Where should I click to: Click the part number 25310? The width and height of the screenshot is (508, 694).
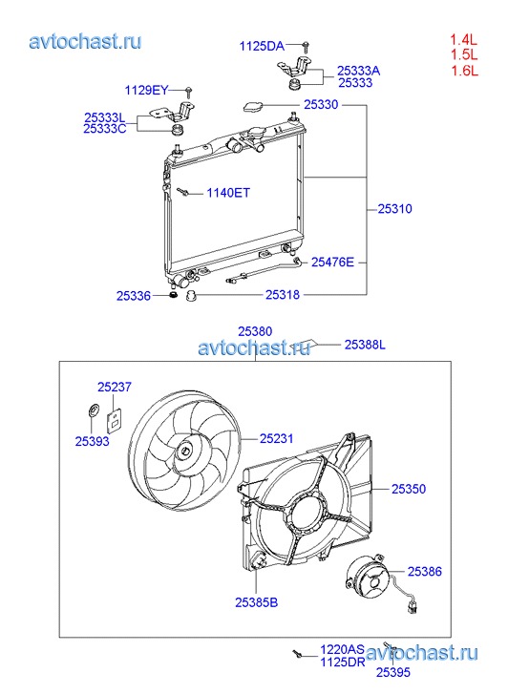[394, 208]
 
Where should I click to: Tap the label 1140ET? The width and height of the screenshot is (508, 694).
[228, 193]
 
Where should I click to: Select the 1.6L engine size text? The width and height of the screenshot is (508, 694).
[464, 71]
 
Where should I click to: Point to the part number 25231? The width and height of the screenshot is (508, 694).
[276, 438]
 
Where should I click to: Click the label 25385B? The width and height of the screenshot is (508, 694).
[257, 602]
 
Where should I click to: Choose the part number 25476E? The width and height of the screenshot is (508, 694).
[332, 262]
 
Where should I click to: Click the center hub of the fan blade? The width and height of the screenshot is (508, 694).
[184, 452]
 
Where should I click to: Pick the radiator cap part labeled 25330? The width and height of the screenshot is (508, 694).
[253, 106]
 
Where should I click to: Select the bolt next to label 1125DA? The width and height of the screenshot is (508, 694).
[306, 46]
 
